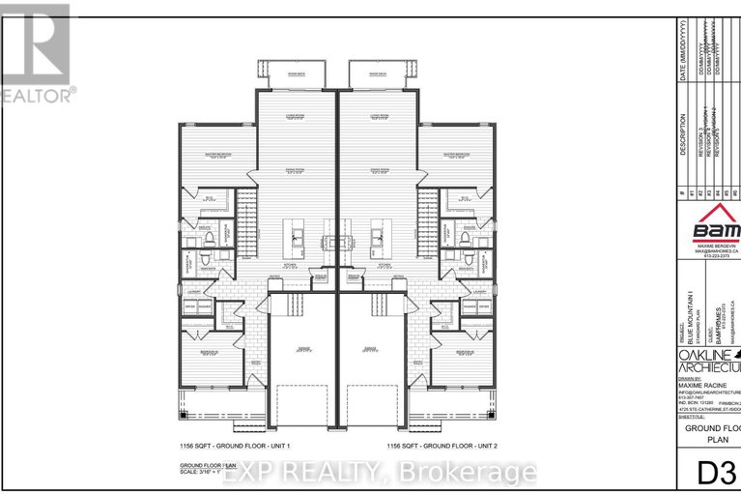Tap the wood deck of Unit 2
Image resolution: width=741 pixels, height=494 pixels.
pos(371,74)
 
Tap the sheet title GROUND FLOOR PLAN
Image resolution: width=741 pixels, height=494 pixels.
pos(713,433)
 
